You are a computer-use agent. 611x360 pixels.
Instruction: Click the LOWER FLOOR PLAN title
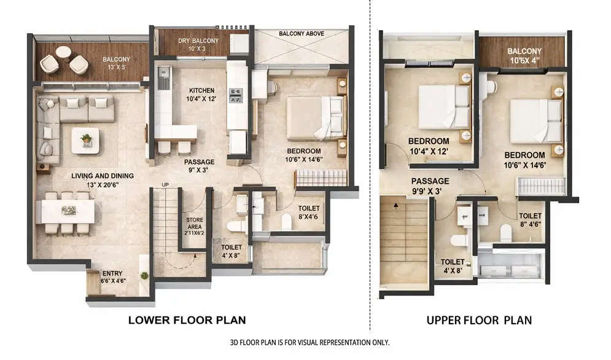click(187, 320)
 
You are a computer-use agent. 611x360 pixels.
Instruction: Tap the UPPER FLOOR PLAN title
click(479, 320)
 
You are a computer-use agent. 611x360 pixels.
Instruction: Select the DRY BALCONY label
click(198, 41)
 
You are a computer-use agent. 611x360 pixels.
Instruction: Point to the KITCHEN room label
click(201, 90)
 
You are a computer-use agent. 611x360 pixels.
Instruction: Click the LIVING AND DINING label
click(102, 176)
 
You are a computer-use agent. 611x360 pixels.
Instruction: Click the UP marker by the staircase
click(165, 185)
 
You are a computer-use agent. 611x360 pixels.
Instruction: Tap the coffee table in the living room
click(85, 141)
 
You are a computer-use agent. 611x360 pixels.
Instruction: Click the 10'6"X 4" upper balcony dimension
click(524, 60)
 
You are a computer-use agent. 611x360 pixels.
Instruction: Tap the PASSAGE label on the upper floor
click(430, 181)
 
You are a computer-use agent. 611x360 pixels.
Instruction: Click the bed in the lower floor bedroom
click(314, 117)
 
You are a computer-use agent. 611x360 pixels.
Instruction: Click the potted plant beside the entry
click(144, 275)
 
